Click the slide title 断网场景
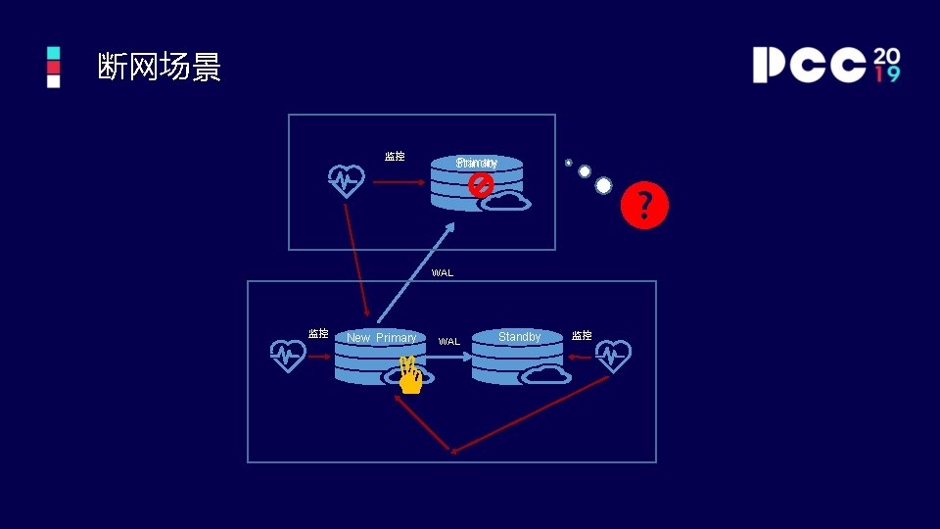[x=160, y=68]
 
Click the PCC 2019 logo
[x=825, y=65]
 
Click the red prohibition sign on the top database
[x=480, y=184]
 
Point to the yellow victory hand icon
[x=409, y=375]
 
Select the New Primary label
[x=381, y=338]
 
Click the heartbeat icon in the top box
[x=346, y=181]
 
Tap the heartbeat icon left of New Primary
[x=288, y=356]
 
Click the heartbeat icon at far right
[x=613, y=356]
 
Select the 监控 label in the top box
[x=395, y=157]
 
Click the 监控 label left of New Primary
[x=318, y=334]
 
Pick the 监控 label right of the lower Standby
[x=582, y=336]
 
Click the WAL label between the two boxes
[x=443, y=273]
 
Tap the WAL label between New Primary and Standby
[x=448, y=342]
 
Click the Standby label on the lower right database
[x=519, y=337]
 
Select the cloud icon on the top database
[x=505, y=203]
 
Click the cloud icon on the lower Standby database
[x=545, y=373]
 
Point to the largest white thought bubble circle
[x=603, y=185]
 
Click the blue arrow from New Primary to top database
[x=415, y=273]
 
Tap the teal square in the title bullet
[x=53, y=53]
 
